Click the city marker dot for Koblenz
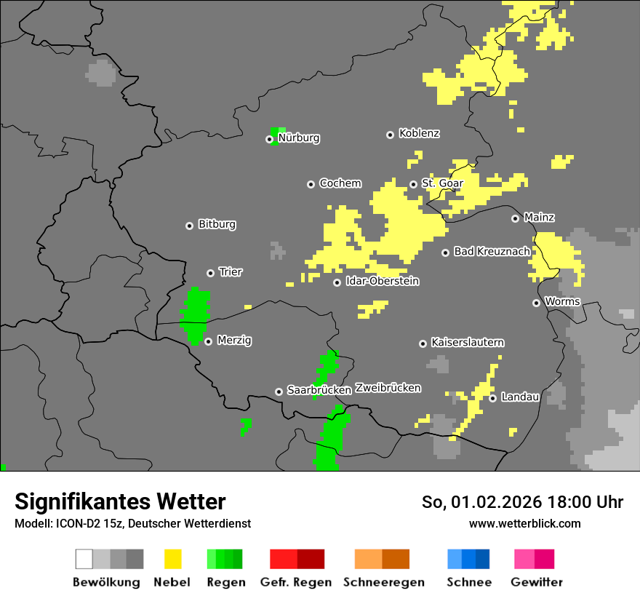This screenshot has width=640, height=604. [390, 135]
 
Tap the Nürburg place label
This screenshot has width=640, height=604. [299, 138]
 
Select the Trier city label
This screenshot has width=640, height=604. [231, 272]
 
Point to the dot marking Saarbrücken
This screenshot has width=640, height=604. [279, 392]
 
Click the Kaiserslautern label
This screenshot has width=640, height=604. [468, 343]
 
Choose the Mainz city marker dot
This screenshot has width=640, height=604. [515, 218]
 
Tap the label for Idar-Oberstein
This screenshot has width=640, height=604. [382, 282]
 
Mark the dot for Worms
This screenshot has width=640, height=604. [536, 303]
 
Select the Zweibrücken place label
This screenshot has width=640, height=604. [388, 389]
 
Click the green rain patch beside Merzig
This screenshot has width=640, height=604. [195, 315]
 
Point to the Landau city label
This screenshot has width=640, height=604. [520, 397]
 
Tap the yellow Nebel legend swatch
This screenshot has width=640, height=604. [172, 559]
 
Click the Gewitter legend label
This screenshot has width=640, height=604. [537, 582]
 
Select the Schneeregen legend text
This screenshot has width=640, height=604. [383, 582]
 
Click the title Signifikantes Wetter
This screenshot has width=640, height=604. [120, 501]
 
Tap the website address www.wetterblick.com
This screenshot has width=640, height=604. [524, 524]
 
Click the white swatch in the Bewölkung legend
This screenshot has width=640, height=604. [84, 559]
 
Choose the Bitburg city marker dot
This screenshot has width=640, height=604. [189, 226]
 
